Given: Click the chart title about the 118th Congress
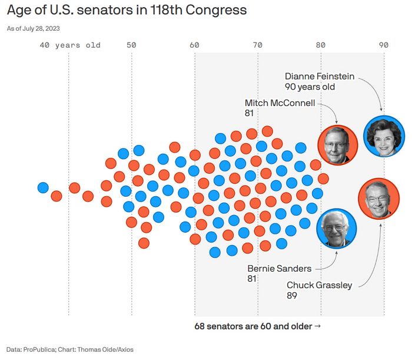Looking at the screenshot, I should tap(127, 11).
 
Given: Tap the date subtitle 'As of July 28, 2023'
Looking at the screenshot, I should tap(33, 28).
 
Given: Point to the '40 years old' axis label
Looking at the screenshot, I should tap(70, 45).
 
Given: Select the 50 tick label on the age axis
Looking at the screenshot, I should tap(131, 45).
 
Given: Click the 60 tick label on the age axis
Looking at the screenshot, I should tap(195, 45).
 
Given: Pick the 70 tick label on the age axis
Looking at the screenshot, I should tap(258, 45).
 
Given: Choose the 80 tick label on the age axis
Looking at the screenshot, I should tap(321, 45).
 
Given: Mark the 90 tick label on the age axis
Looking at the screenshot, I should tap(384, 45).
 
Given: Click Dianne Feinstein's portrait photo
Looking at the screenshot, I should tap(383, 136).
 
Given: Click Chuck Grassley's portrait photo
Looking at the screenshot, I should tap(378, 198).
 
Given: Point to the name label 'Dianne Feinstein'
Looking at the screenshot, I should tap(320, 77).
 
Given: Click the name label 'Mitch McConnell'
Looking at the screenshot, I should tap(280, 103).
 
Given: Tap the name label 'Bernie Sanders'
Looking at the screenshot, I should tap(280, 269).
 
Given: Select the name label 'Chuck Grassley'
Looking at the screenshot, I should tap(320, 285).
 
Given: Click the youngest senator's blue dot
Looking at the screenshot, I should tap(43, 188).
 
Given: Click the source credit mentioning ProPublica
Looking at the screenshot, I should tap(70, 349).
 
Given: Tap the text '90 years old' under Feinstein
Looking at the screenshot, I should tap(310, 87).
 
